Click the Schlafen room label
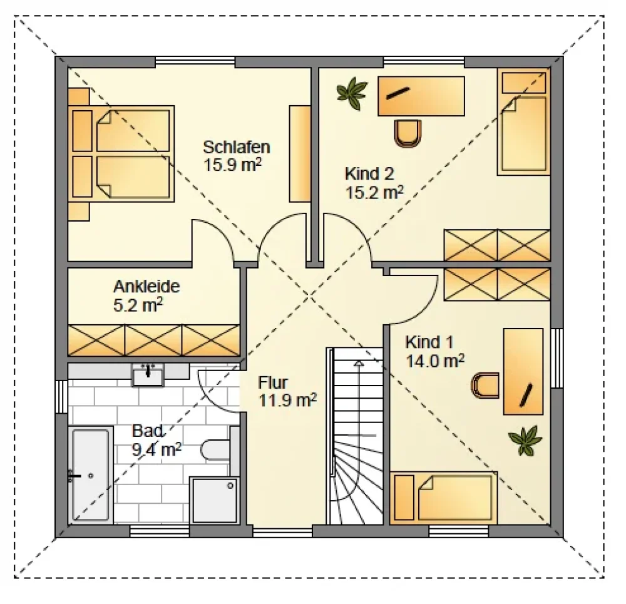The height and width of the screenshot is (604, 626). [x=237, y=147]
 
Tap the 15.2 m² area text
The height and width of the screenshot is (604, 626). [x=374, y=192]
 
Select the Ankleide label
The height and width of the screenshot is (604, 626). [x=146, y=286]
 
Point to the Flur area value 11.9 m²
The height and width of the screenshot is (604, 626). [x=287, y=400]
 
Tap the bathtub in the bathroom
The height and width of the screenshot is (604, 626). [x=91, y=475]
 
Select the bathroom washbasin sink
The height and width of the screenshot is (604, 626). [x=148, y=376]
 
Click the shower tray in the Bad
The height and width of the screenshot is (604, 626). [x=214, y=500]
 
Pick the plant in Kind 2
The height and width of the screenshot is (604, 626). [x=352, y=93]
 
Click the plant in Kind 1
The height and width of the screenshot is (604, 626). [x=525, y=440]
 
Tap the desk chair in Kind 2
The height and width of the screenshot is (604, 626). [x=408, y=133]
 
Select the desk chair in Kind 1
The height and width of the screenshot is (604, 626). [x=485, y=386]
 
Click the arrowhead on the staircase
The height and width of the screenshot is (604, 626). [x=359, y=363]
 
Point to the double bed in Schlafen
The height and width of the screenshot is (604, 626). [x=121, y=154]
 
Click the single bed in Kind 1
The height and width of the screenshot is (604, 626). [x=444, y=498]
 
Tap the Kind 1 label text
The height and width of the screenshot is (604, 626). [x=429, y=342]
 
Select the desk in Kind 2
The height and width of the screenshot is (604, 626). [x=421, y=96]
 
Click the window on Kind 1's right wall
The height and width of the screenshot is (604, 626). [x=557, y=358]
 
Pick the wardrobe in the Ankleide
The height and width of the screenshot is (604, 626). [x=154, y=340]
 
